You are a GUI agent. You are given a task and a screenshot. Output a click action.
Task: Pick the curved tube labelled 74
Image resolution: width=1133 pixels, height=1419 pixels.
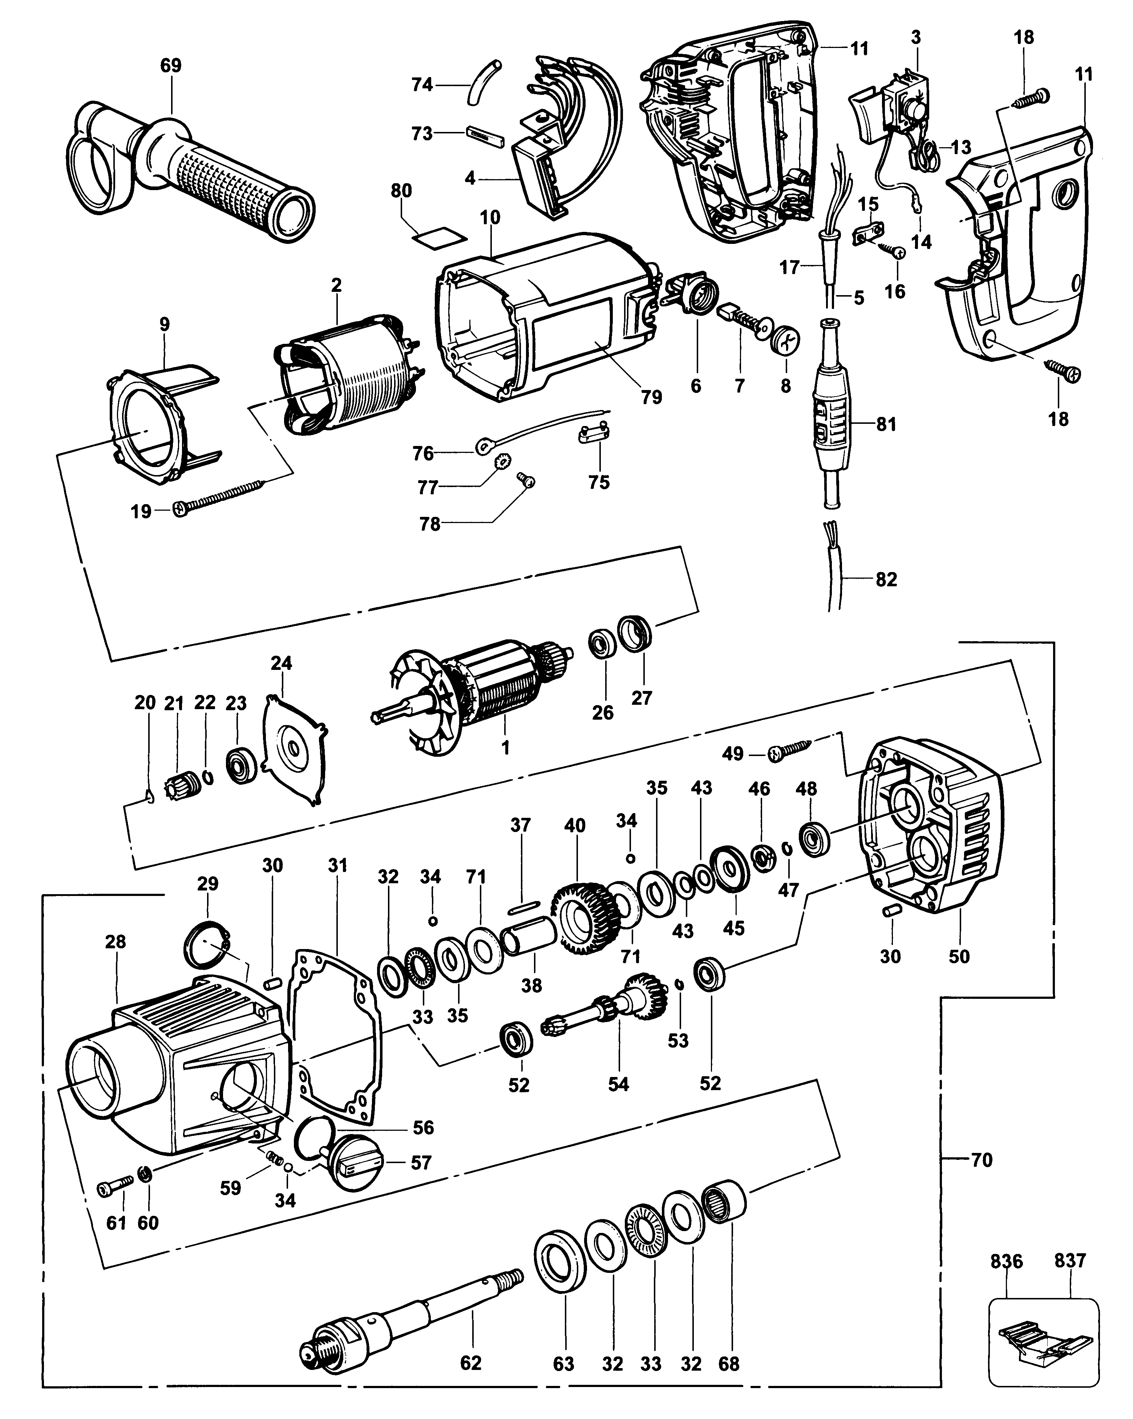482,82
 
